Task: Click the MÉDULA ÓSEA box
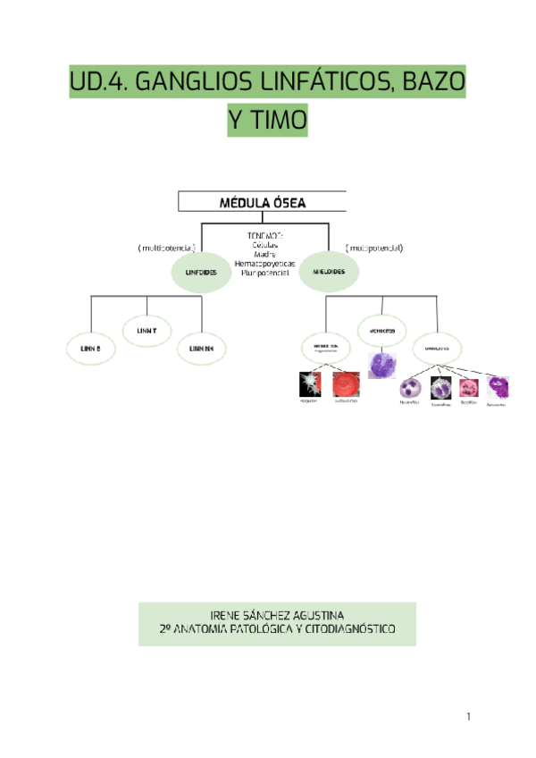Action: point(263,203)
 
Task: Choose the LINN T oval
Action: point(147,331)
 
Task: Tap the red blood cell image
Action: point(346,384)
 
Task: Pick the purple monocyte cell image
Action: point(381,366)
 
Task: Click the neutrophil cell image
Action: point(411,388)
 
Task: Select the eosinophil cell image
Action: point(440,388)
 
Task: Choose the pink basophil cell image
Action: point(469,388)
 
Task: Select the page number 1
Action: point(467,717)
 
